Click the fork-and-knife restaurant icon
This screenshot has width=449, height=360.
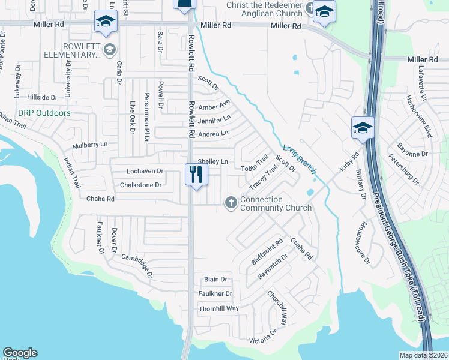click(196, 175)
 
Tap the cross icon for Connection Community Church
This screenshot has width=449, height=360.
click(231, 203)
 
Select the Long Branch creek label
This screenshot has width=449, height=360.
click(299, 160)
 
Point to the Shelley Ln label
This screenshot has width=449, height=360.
click(213, 161)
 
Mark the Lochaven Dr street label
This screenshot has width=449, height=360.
click(142, 171)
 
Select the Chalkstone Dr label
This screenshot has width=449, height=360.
click(141, 185)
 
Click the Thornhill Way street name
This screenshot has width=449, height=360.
click(219, 308)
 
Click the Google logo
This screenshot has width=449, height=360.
click(20, 353)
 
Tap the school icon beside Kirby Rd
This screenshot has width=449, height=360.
click(363, 127)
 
